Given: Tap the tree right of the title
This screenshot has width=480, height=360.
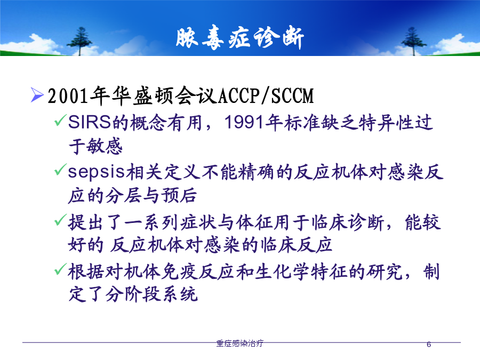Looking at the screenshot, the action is (x=413, y=41).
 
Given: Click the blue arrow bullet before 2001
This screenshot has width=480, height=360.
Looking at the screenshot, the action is (x=37, y=94).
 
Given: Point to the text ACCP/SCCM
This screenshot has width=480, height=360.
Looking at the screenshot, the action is (x=266, y=96).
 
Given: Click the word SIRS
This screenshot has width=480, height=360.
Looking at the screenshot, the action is (x=89, y=123).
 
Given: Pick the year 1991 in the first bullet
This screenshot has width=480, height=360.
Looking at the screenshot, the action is (x=244, y=123).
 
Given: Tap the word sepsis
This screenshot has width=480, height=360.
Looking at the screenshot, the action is (x=97, y=172).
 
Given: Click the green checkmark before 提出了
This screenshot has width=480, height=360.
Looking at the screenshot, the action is (x=60, y=220).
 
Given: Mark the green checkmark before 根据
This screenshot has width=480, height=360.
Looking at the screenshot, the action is (x=60, y=269).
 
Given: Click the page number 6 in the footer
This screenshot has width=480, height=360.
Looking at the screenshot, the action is (x=429, y=345).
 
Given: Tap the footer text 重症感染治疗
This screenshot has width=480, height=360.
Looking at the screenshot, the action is (x=239, y=343).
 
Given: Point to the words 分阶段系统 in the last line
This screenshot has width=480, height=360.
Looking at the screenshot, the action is (x=151, y=294).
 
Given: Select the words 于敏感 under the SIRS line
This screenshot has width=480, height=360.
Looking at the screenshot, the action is (x=95, y=146).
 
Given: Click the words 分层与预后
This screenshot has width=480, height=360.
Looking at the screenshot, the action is (x=151, y=195).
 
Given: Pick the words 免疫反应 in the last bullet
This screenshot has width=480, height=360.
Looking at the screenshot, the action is (x=198, y=271).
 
